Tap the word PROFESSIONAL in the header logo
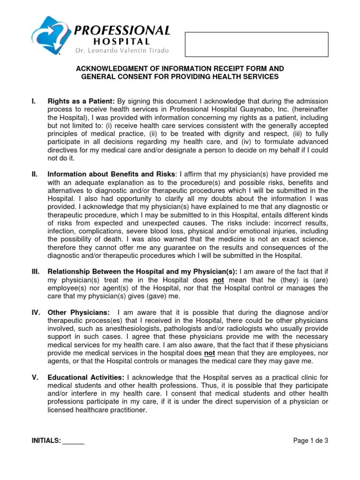coord(122,31)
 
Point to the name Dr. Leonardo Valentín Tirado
coord(120,51)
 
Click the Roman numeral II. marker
coord(34,174)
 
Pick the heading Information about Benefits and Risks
coord(111,174)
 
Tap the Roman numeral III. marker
coord(35,272)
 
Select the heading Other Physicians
coord(79,313)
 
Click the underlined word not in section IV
coord(210,353)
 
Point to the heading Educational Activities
coord(86,378)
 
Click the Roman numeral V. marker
coord(34,378)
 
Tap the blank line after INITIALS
coord(74,441)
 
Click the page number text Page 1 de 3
coord(310,441)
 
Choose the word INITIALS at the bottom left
coord(46,441)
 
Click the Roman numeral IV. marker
coord(35,313)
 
